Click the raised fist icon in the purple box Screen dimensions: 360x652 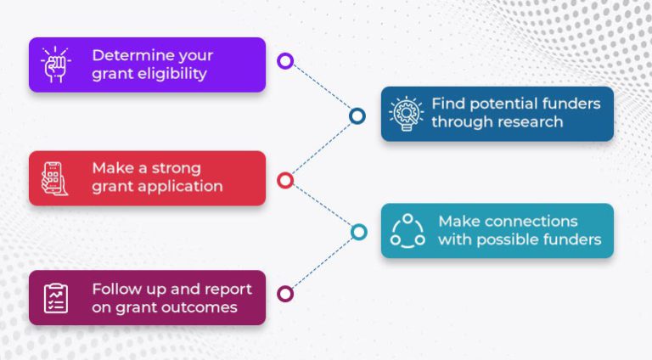point(56,65)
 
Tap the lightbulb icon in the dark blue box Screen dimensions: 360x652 point(406,113)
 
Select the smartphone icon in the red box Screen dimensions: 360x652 point(56,178)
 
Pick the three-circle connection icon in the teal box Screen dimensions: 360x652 point(407,230)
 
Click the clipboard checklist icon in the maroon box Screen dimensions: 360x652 point(56,298)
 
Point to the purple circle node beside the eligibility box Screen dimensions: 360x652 point(285,61)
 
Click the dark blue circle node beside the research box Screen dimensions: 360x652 point(357,115)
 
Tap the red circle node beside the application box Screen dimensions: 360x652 point(285,180)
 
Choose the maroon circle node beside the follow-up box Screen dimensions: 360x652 point(285,294)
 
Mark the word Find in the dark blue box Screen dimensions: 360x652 point(447,104)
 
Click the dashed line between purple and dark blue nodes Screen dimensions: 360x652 point(321,88)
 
